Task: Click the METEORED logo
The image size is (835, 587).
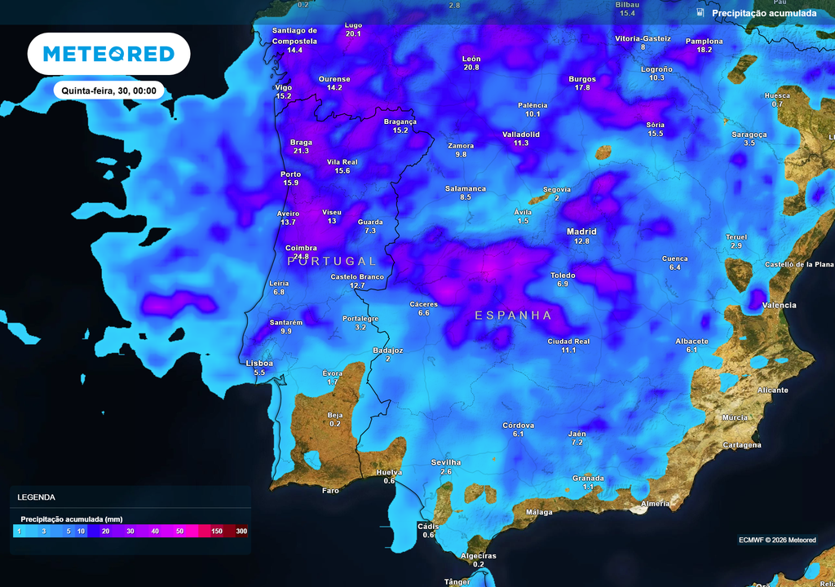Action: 108,54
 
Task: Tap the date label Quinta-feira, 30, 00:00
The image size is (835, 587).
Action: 108,90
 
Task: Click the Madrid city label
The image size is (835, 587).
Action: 581,232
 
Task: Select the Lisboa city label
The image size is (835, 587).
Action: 259,363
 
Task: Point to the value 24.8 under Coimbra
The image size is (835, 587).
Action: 301,256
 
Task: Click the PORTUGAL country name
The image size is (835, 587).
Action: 332,261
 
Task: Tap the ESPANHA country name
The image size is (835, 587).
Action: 513,315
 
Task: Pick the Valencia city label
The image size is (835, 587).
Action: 779,305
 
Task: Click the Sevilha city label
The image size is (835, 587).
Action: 446,462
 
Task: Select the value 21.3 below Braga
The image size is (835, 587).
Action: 301,151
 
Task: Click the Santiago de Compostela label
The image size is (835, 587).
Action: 294,35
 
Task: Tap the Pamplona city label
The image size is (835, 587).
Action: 704,41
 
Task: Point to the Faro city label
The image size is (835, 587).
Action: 330,491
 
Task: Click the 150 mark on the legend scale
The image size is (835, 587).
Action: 217,532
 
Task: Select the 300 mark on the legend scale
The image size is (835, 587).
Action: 241,532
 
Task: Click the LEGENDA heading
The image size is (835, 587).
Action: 36,497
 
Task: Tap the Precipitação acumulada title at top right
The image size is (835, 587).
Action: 763,13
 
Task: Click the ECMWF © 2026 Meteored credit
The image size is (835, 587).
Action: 777,540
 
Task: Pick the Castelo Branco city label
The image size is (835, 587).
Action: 357,276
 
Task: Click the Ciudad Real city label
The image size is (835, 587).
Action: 568,341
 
